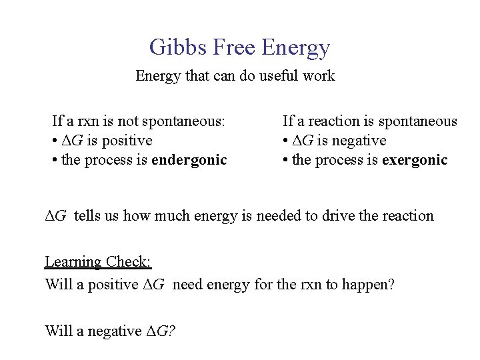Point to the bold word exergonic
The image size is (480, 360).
point(416,160)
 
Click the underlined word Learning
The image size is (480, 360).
point(72,262)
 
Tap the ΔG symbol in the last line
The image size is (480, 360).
point(160,331)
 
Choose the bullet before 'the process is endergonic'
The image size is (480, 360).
point(55,161)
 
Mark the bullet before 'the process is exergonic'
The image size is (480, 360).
point(285,161)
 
